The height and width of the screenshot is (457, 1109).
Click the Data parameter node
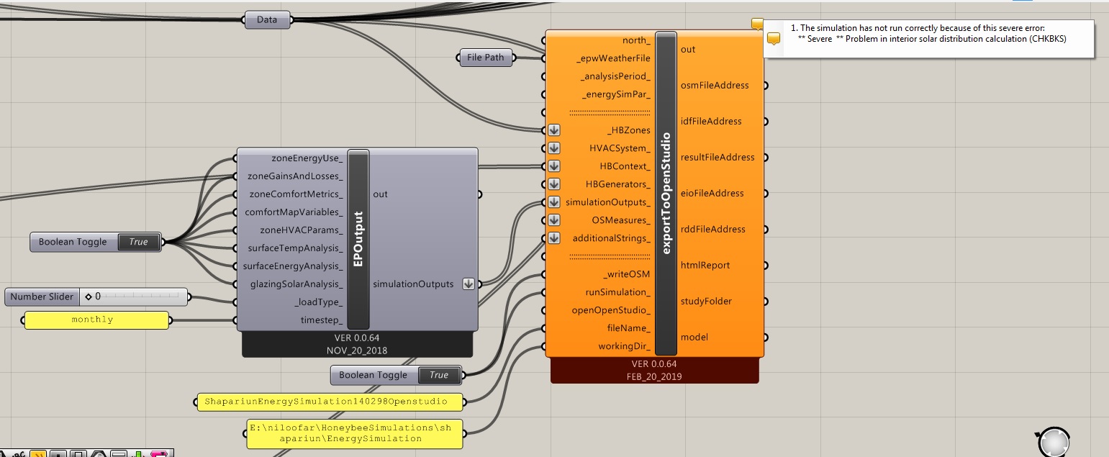point(267,20)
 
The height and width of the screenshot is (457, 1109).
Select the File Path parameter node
point(485,58)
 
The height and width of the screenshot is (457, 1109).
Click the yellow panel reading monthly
point(96,320)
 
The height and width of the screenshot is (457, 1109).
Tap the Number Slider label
point(42,297)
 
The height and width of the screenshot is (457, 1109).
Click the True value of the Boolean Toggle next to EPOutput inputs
point(139,242)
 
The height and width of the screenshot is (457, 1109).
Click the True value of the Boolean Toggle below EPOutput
point(439,375)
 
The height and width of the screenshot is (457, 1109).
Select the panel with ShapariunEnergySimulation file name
point(330,402)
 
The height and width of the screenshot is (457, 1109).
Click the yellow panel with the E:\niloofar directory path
point(355,433)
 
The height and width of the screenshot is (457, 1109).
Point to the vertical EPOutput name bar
point(358,239)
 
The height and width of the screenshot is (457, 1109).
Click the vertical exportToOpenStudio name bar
point(666,193)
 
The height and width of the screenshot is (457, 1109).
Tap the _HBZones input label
point(629,130)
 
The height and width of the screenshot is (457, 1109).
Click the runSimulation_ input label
point(618,292)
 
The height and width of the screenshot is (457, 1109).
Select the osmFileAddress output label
point(715,85)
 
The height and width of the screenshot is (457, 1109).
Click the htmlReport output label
point(705,265)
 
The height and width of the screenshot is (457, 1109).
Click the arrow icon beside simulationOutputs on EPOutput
point(469,284)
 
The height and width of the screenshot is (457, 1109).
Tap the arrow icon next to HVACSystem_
point(554,148)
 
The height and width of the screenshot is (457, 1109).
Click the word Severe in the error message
point(820,39)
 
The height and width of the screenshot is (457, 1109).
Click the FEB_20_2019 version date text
point(654,377)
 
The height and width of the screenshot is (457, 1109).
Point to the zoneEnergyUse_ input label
point(307,158)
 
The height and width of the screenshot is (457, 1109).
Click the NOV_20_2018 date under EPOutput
point(357,350)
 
